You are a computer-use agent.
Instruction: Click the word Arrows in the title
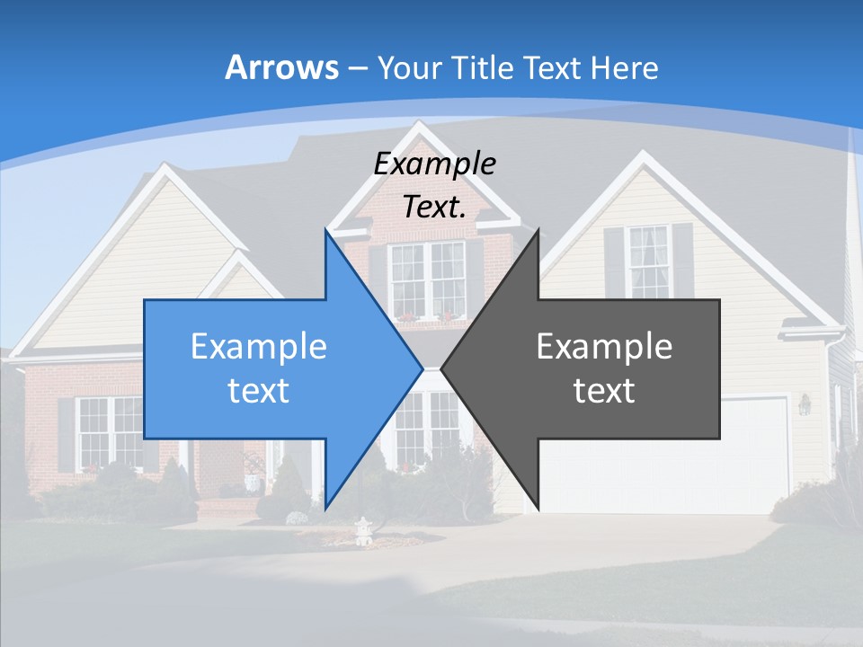[281, 67]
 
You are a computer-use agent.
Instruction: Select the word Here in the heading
[626, 67]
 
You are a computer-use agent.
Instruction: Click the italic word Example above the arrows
[434, 164]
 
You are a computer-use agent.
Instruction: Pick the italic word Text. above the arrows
[434, 207]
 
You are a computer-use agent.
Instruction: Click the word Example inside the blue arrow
[259, 346]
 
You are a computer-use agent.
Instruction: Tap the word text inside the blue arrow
[259, 390]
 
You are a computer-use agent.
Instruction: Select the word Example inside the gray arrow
[604, 346]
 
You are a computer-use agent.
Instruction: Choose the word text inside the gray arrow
[604, 390]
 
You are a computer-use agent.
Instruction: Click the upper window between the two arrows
[426, 279]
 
